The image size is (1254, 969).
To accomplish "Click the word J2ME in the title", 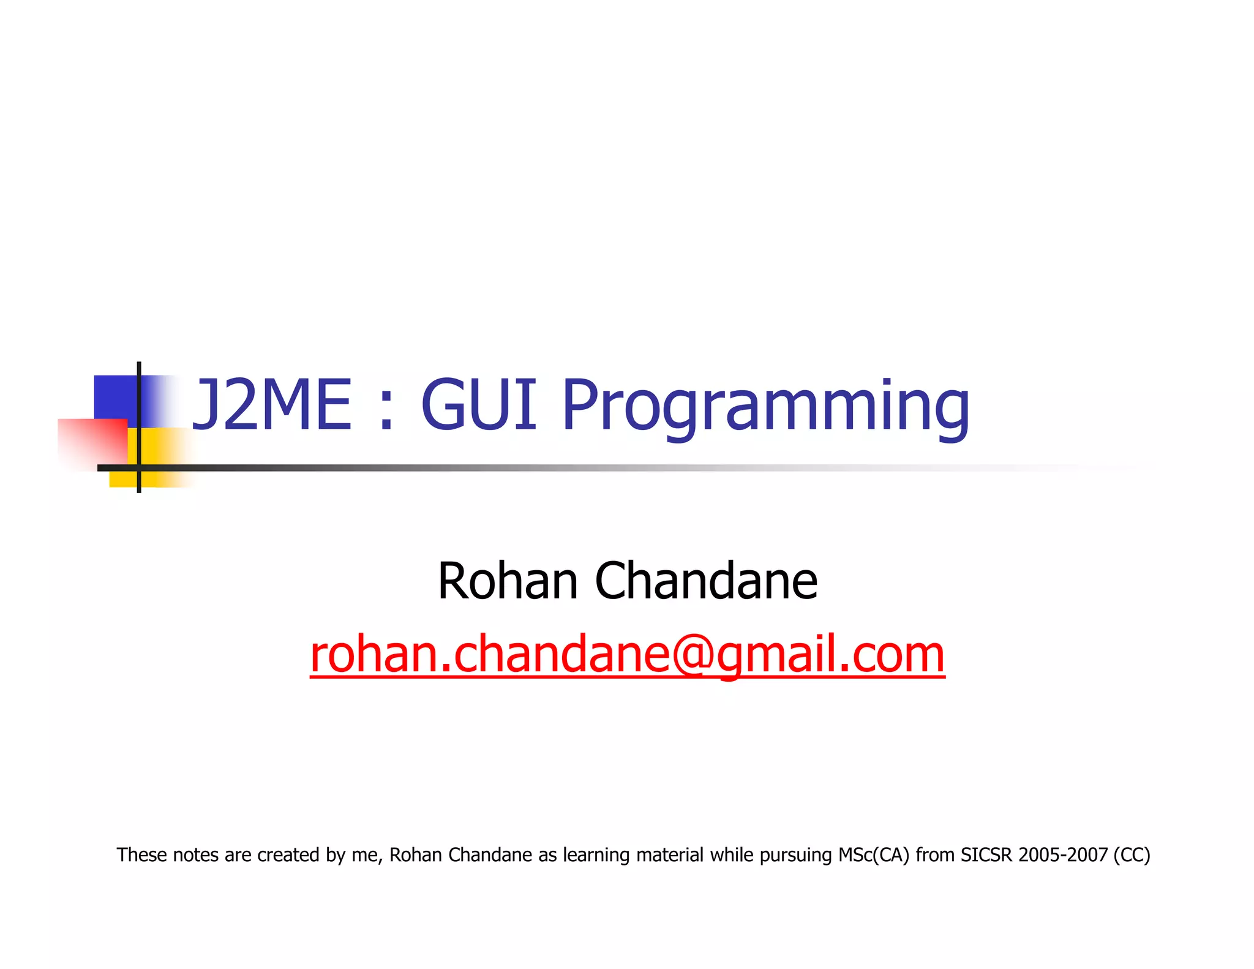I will (x=272, y=404).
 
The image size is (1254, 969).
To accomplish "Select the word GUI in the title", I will (x=478, y=404).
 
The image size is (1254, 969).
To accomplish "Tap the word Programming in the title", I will (x=765, y=407).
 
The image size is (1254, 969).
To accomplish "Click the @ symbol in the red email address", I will (x=693, y=654).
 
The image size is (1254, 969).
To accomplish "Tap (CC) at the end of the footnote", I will (x=1132, y=854).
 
